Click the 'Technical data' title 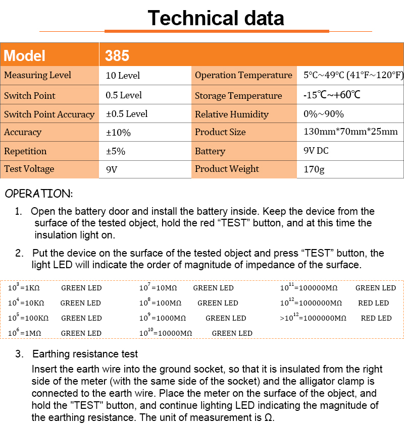[x=216, y=19]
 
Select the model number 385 [x=117, y=55]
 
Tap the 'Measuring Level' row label [x=37, y=76]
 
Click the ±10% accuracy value [x=118, y=133]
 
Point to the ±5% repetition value [x=116, y=151]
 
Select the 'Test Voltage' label [x=29, y=169]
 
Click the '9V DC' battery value [x=316, y=151]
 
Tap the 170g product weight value [x=314, y=169]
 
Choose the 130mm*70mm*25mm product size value [x=350, y=132]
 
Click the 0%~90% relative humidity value [x=323, y=114]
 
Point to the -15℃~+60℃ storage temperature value [x=331, y=95]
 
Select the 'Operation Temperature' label [x=243, y=76]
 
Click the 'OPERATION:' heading [x=39, y=194]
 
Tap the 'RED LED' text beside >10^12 [x=376, y=318]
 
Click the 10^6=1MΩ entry [x=24, y=333]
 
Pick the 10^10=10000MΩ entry [x=166, y=333]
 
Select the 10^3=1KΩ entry [x=24, y=288]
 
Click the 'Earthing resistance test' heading [x=85, y=354]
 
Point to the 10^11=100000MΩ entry [x=309, y=288]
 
